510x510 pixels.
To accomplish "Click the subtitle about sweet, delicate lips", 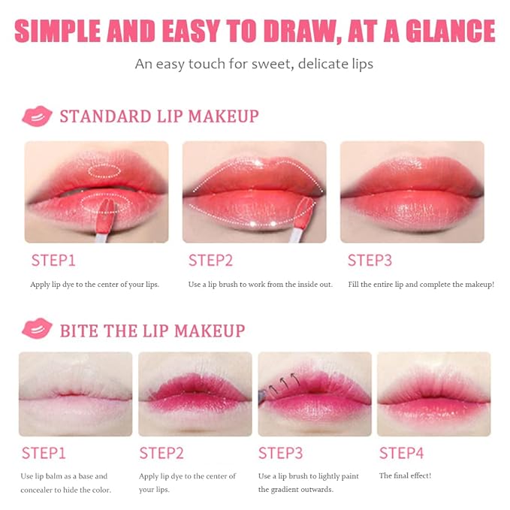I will tap(254, 64).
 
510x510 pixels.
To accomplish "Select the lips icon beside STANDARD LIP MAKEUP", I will tap(37, 116).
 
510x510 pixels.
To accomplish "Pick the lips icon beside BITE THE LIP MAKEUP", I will tap(37, 329).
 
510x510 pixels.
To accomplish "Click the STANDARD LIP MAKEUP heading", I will tap(159, 116).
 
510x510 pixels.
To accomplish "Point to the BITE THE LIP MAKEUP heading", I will tap(152, 330).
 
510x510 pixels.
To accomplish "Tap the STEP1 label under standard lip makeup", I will tap(53, 261).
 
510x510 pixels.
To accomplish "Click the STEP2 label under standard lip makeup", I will tap(211, 261).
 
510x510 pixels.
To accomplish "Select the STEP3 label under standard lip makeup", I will tap(370, 261).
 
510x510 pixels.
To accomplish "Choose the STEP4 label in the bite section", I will tap(402, 453).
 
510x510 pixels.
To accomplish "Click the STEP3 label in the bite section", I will tap(281, 453).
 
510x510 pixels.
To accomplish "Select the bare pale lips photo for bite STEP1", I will tap(75, 394).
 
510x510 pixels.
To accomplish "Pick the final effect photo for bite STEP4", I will tap(433, 394).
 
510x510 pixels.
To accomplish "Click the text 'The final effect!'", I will tap(406, 475).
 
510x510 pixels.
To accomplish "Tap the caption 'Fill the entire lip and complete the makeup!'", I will tap(421, 285).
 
